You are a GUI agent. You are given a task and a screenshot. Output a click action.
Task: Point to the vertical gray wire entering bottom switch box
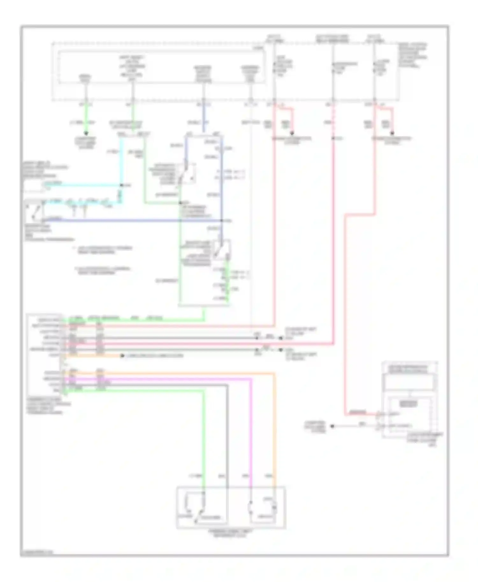[227, 446]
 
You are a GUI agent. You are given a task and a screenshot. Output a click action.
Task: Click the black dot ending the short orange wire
[122, 356]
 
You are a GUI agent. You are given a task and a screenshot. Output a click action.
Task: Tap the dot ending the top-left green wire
[86, 133]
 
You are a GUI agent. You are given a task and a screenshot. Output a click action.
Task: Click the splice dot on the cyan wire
[121, 185]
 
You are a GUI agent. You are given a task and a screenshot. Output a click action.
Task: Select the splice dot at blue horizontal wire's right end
[222, 220]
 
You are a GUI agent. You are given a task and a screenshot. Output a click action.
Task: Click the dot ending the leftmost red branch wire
[292, 133]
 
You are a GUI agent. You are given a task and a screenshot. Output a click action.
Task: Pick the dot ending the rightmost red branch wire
[392, 133]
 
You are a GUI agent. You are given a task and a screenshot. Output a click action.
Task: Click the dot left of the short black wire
[332, 426]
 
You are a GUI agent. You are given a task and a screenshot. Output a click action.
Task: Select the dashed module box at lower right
[410, 400]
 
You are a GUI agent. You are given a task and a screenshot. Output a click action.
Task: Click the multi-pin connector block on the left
[45, 353]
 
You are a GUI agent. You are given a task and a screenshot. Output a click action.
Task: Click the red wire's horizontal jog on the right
[360, 215]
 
